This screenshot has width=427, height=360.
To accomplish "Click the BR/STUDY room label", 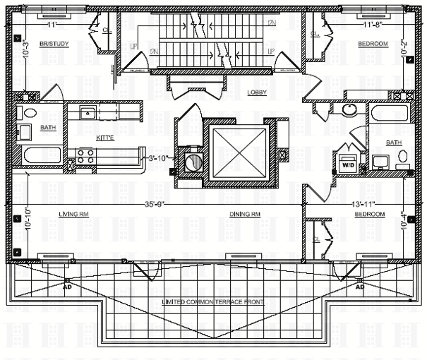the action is [52, 44].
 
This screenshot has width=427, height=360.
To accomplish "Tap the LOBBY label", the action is [256, 92].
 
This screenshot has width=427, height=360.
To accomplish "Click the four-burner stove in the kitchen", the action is [85, 157].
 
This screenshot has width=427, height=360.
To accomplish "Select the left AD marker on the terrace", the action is [67, 287].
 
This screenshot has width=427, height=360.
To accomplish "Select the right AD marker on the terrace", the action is [359, 287].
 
